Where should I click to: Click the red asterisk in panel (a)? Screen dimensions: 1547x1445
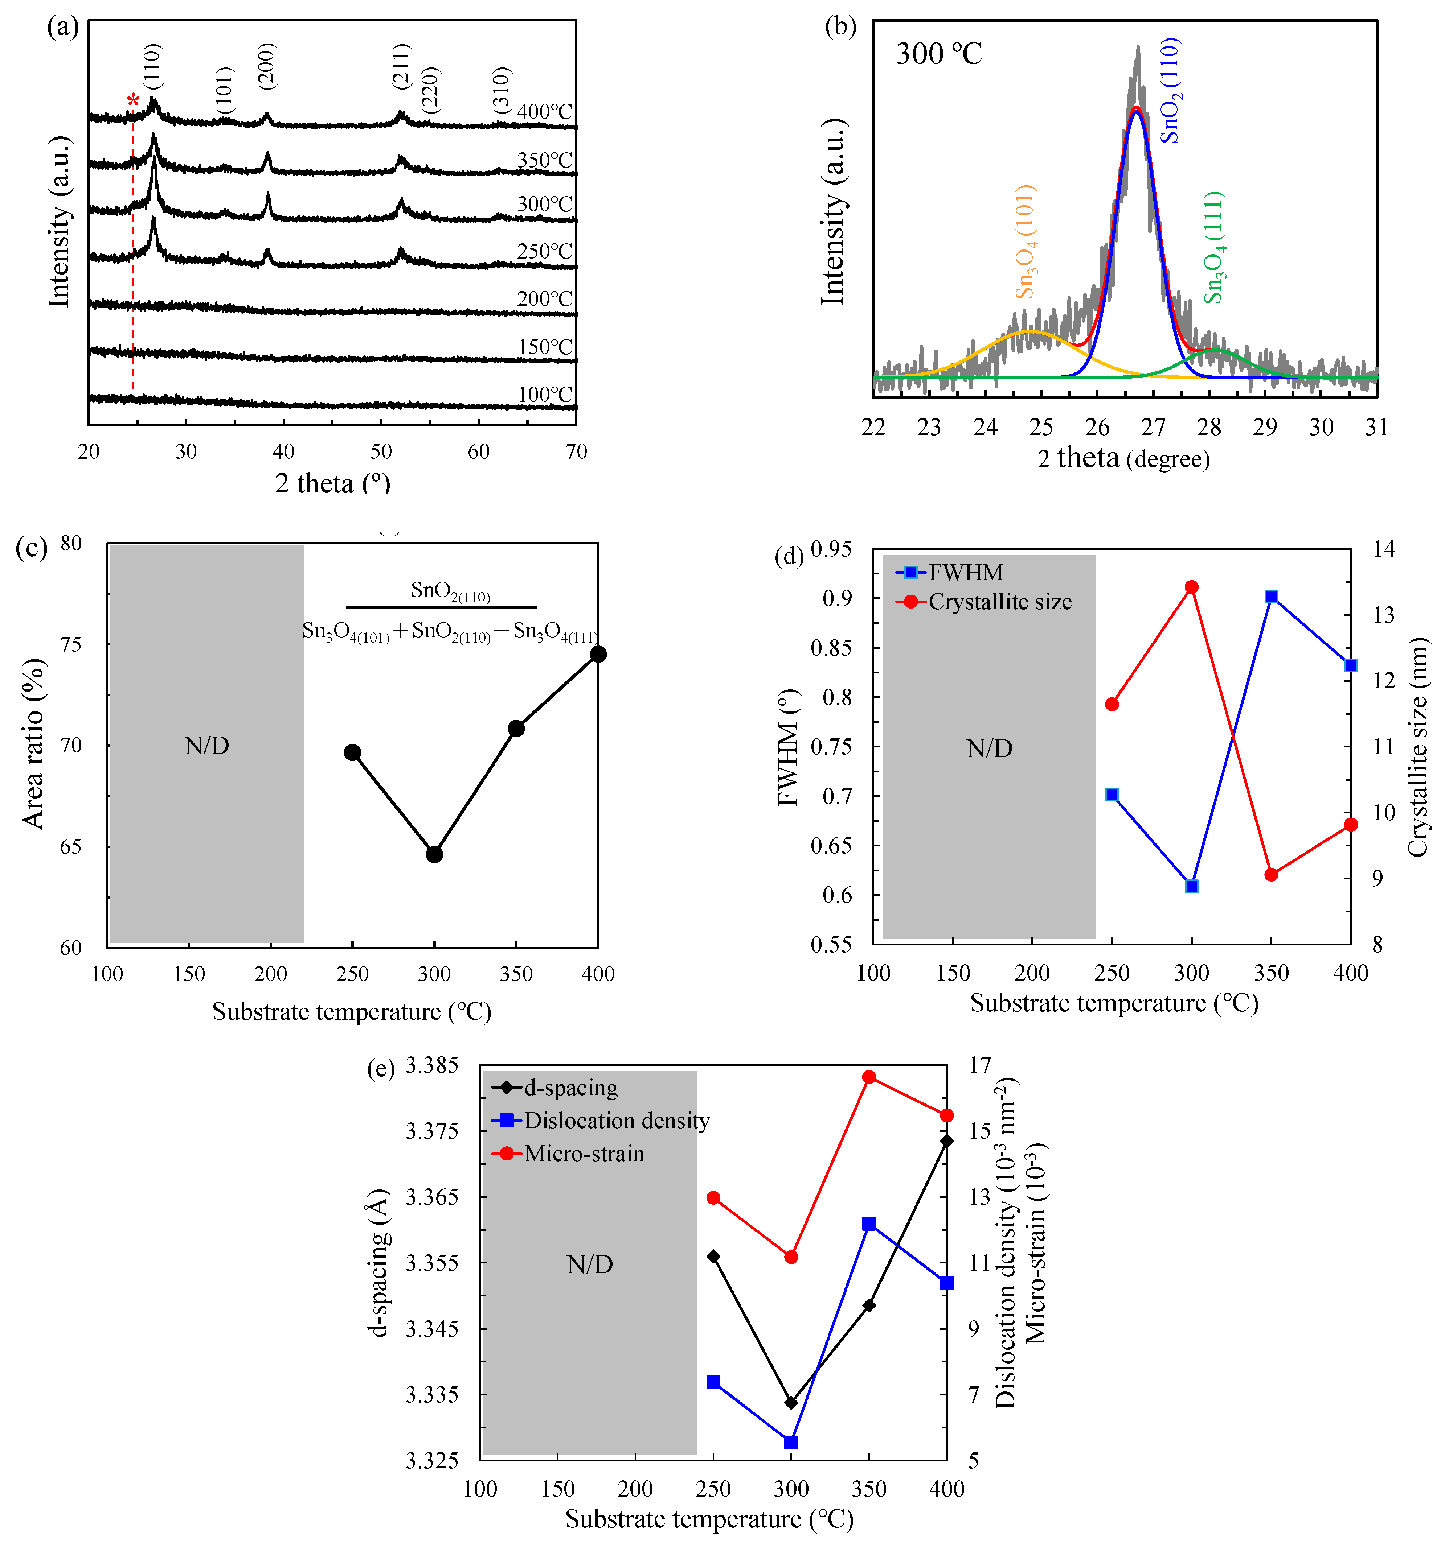coord(133,100)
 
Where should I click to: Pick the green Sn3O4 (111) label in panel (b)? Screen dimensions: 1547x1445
coord(1213,247)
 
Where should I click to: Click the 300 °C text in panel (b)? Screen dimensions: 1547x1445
coord(939,54)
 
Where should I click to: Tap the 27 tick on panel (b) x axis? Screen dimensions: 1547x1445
coord(1153,427)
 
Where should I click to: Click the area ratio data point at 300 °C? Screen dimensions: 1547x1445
coord(434,854)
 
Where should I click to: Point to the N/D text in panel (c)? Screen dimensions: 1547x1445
coord(206,746)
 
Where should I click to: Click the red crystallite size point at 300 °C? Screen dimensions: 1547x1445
coord(1191,587)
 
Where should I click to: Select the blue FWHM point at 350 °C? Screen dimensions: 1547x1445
coord(1272,597)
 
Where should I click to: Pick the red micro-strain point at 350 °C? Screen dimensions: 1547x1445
coord(869,1077)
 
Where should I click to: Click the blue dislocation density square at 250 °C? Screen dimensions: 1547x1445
coord(713,1382)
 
